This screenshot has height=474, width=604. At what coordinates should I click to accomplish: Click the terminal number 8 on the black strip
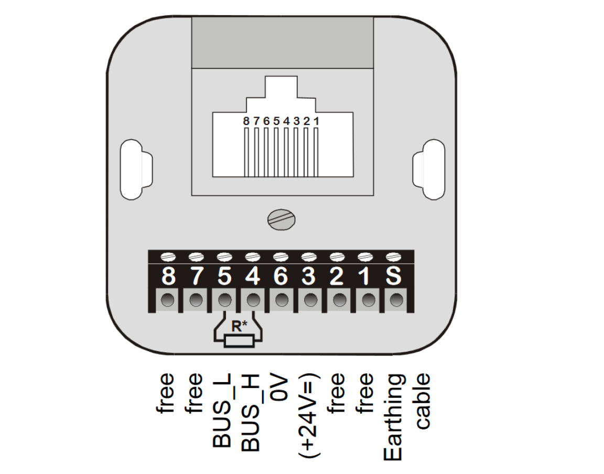(x=168, y=276)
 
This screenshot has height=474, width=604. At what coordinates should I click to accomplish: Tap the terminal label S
(x=393, y=276)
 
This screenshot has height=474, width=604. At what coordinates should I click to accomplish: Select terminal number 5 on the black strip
(x=224, y=276)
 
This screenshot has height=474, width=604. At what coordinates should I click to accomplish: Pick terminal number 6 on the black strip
(x=281, y=276)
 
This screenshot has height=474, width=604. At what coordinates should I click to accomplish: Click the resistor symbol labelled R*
(x=239, y=341)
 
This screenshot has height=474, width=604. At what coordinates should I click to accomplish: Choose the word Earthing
(x=394, y=417)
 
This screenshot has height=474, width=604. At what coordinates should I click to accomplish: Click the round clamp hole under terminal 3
(x=310, y=300)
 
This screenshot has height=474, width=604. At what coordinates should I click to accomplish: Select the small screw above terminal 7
(x=196, y=257)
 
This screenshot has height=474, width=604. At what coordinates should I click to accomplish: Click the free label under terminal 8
(x=167, y=393)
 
